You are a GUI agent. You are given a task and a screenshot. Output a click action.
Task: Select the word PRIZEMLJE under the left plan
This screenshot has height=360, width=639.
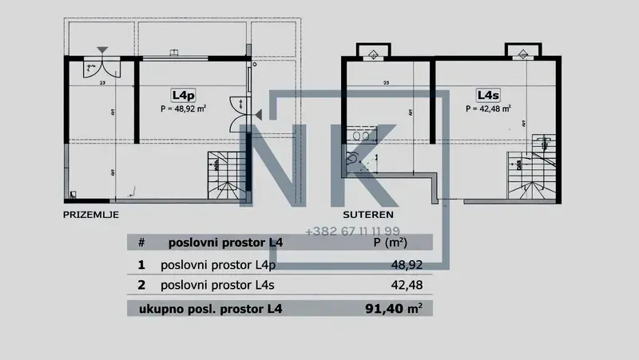click(x=90, y=215)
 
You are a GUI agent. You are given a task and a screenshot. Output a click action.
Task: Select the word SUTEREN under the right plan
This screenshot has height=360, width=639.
click(x=367, y=215)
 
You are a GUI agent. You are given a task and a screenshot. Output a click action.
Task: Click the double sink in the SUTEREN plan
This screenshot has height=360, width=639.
click(x=362, y=136)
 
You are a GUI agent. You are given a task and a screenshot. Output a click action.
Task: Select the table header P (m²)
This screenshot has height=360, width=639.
click(x=391, y=242)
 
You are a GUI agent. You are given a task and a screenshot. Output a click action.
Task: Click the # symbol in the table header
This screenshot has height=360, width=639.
click(x=141, y=242)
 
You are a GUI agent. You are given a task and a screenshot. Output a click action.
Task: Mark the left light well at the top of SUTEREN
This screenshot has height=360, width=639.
click(x=373, y=54)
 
